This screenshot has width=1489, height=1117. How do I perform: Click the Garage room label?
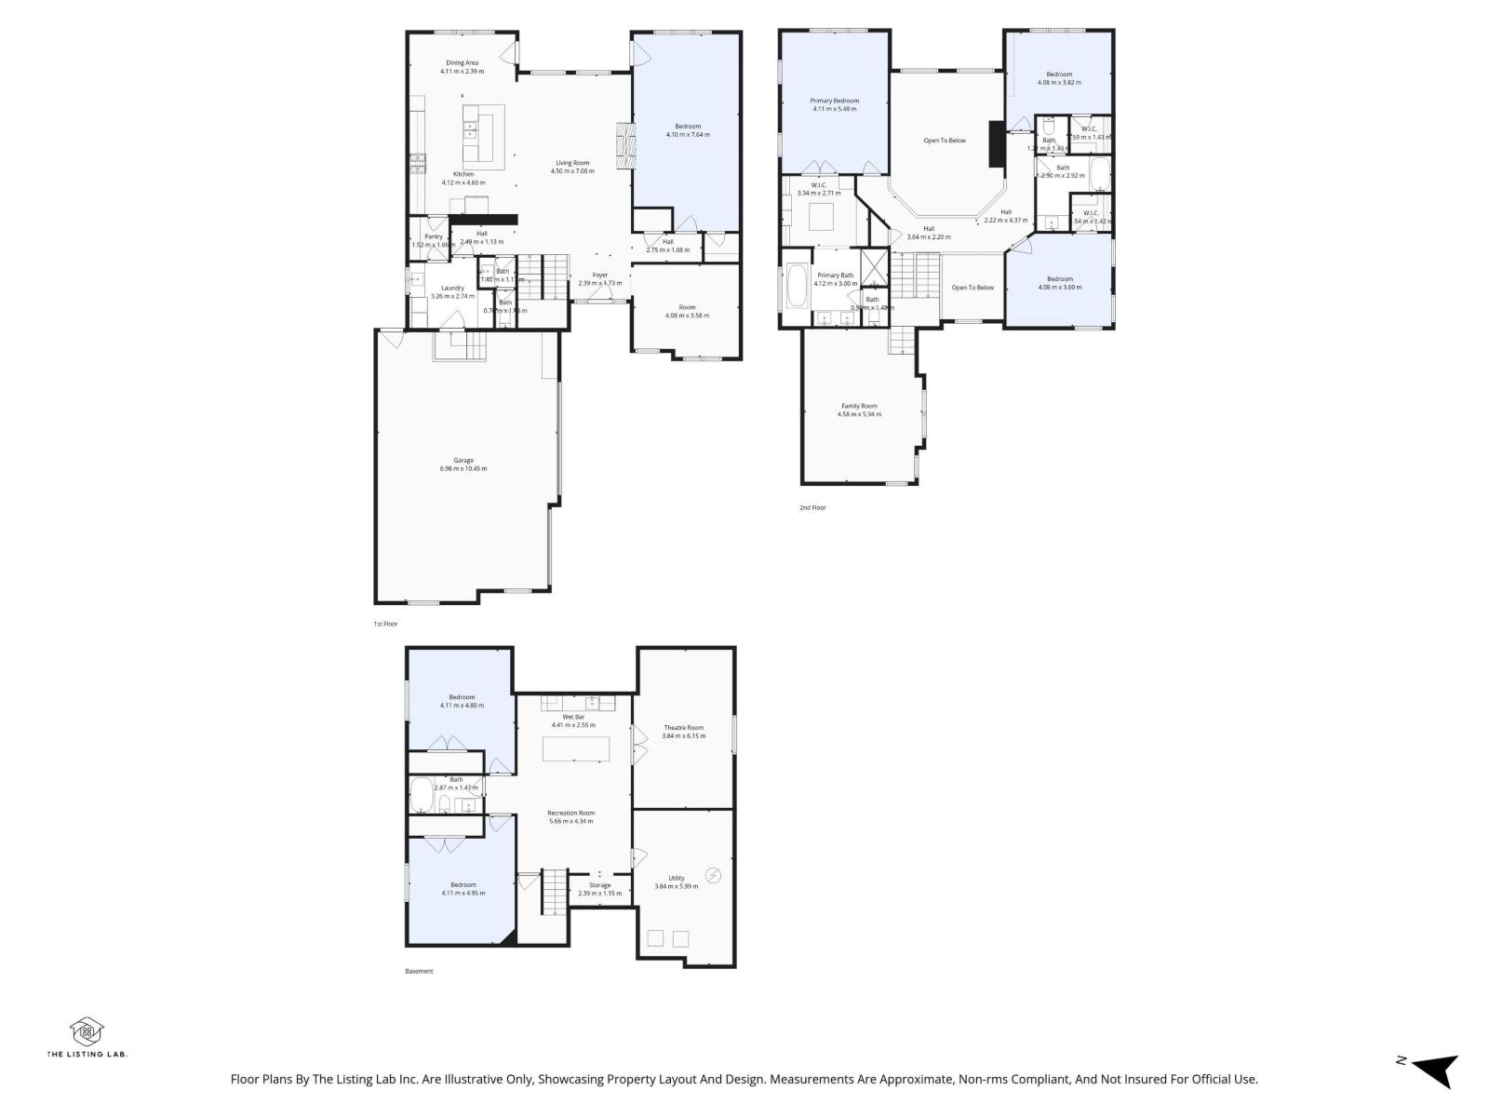(463, 464)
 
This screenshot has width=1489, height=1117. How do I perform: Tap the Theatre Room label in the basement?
(683, 732)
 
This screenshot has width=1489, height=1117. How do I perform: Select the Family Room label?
(859, 410)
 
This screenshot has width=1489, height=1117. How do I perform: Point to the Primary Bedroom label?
(834, 104)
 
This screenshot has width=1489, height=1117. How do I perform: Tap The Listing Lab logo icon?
(87, 1030)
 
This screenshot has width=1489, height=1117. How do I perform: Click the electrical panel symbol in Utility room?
(713, 875)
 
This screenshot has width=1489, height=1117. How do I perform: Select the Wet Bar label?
(573, 720)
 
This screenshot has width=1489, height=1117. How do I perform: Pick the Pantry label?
(434, 240)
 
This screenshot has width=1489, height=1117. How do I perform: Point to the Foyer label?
(600, 278)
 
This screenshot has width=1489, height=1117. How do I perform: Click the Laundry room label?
(452, 291)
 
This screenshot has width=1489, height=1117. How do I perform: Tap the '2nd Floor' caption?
(812, 507)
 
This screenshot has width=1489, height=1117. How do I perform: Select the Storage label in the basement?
(599, 889)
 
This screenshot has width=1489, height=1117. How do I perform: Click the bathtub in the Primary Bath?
(798, 288)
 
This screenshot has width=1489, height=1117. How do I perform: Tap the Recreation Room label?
(570, 816)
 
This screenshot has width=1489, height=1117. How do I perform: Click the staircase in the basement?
(554, 891)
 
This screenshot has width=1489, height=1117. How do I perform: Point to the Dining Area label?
(462, 66)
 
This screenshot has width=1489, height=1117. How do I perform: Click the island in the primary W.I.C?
(820, 216)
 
